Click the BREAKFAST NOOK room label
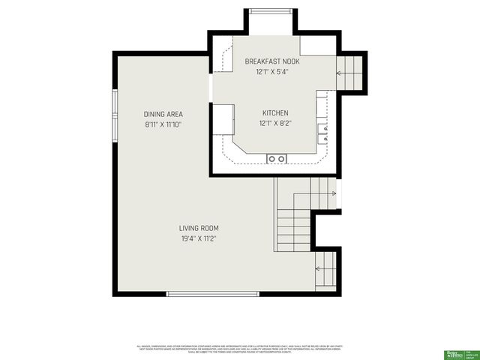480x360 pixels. click(x=271, y=61)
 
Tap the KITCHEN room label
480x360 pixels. click(x=274, y=113)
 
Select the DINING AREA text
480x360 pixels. click(x=163, y=114)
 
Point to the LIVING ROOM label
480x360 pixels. click(x=198, y=228)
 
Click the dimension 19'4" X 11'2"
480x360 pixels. click(x=198, y=238)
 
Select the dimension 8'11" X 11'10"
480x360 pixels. click(x=163, y=124)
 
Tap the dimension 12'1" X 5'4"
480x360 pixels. click(x=271, y=72)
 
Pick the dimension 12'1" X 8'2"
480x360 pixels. click(x=274, y=123)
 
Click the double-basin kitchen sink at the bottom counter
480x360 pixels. click(x=277, y=158)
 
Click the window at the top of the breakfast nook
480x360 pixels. click(x=271, y=11)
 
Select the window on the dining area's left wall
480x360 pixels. click(x=115, y=116)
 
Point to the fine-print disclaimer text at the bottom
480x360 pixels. click(x=240, y=349)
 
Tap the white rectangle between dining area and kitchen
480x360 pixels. click(x=223, y=119)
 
